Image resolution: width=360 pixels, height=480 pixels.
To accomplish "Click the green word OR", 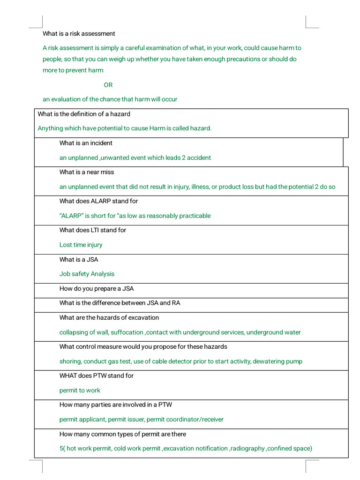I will [x=108, y=85].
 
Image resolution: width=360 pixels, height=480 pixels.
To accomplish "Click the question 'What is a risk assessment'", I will [x=79, y=34].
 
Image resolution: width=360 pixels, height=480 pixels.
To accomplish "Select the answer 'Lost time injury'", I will [x=81, y=245].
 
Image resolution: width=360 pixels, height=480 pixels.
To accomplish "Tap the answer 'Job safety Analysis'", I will [x=87, y=274].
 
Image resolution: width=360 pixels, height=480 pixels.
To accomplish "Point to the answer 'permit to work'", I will [x=80, y=390].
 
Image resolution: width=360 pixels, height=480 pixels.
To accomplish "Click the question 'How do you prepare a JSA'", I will [x=97, y=289].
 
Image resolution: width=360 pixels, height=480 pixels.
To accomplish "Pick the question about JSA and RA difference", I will [x=120, y=303].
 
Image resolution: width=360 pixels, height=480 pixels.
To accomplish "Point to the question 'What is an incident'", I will [x=86, y=143].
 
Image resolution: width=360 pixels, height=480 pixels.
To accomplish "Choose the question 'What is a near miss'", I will [x=87, y=172].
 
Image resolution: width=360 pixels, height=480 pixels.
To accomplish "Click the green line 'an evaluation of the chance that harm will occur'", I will [x=110, y=99].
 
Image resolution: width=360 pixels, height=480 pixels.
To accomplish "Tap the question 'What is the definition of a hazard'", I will [x=84, y=114].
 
